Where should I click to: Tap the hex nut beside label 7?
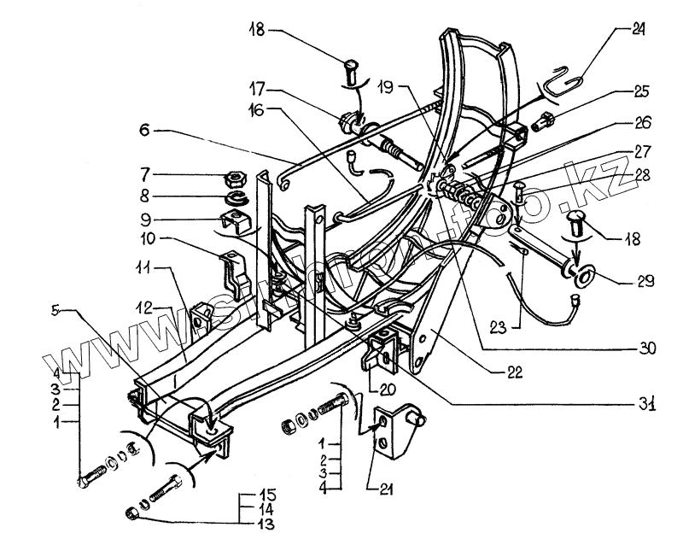232,180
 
